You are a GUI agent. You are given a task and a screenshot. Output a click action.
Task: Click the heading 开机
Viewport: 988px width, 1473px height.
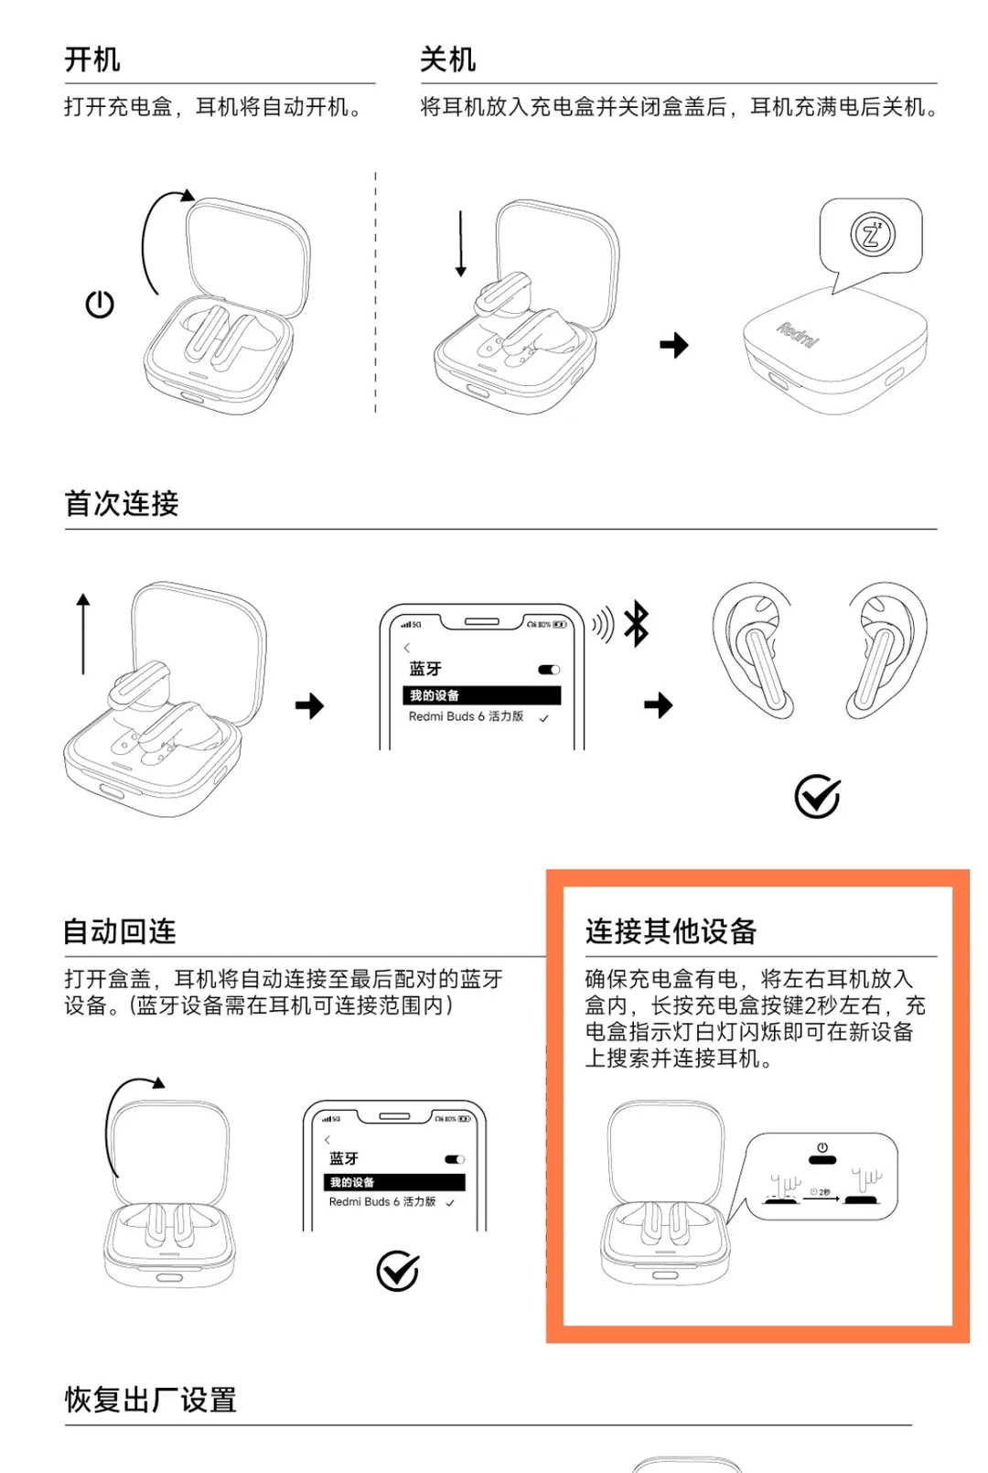[x=91, y=60]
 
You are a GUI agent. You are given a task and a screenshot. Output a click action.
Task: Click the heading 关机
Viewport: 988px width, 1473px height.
[x=447, y=60]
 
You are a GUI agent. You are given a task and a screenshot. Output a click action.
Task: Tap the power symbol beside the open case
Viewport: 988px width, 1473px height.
[x=100, y=305]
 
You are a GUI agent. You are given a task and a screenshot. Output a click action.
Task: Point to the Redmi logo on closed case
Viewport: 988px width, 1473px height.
[x=798, y=335]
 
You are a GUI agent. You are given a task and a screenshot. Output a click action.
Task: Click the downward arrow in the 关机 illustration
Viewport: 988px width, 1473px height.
[x=461, y=243]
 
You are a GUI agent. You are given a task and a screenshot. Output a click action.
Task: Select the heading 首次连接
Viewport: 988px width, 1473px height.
[x=122, y=503]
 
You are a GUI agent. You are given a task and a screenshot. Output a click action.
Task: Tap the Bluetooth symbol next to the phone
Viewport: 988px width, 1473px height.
[x=637, y=624]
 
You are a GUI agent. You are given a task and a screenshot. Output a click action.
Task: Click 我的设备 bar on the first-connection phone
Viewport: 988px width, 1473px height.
[x=481, y=695]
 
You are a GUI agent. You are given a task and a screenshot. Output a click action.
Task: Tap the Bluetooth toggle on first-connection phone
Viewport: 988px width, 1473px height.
[x=549, y=670]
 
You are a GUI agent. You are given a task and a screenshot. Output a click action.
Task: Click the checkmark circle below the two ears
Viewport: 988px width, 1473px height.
[x=817, y=796]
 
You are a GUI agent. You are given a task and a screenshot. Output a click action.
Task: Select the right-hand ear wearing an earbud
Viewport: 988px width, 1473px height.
[x=885, y=650]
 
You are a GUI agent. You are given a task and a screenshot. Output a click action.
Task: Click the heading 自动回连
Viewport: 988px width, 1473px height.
[x=120, y=931]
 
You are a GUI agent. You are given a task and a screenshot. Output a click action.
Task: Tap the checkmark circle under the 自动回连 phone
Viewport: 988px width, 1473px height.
[x=398, y=1271]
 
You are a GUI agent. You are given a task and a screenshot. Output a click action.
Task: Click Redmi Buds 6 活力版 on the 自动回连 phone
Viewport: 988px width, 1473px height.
[x=382, y=1202]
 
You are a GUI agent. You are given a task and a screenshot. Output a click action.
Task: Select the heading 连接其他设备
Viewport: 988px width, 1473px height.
[x=671, y=931]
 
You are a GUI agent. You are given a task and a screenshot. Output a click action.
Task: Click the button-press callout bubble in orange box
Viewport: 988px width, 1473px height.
[x=822, y=1177]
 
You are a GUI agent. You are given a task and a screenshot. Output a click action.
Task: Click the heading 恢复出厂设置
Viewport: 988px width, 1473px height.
[x=151, y=1400]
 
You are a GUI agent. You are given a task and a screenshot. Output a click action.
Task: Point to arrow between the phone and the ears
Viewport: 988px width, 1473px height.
[x=658, y=705]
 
